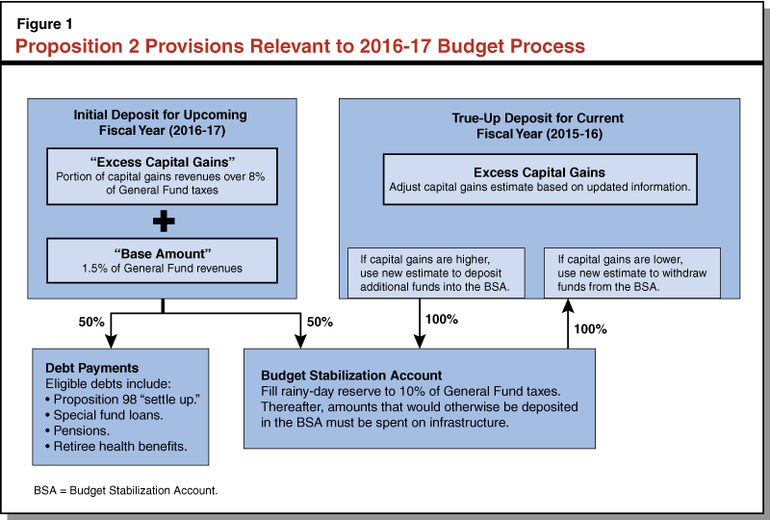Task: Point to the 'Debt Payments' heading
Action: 91,368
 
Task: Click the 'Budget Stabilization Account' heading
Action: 350,375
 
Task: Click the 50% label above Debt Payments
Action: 91,321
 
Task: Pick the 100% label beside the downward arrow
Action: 446,320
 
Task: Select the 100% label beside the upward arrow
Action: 591,328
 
